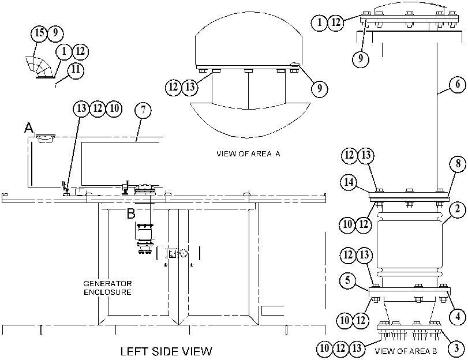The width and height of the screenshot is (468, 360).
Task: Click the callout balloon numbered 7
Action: click(x=143, y=110)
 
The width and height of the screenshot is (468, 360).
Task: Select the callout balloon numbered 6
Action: click(x=458, y=84)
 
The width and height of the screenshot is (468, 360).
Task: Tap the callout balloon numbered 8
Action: click(x=458, y=164)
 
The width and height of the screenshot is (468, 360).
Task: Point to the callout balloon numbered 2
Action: click(x=458, y=209)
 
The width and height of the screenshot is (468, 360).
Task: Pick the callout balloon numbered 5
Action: click(x=347, y=281)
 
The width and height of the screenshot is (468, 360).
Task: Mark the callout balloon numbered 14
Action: click(x=349, y=182)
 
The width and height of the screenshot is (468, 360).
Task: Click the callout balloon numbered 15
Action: click(x=39, y=33)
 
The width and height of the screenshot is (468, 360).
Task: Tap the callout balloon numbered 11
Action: click(x=76, y=70)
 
